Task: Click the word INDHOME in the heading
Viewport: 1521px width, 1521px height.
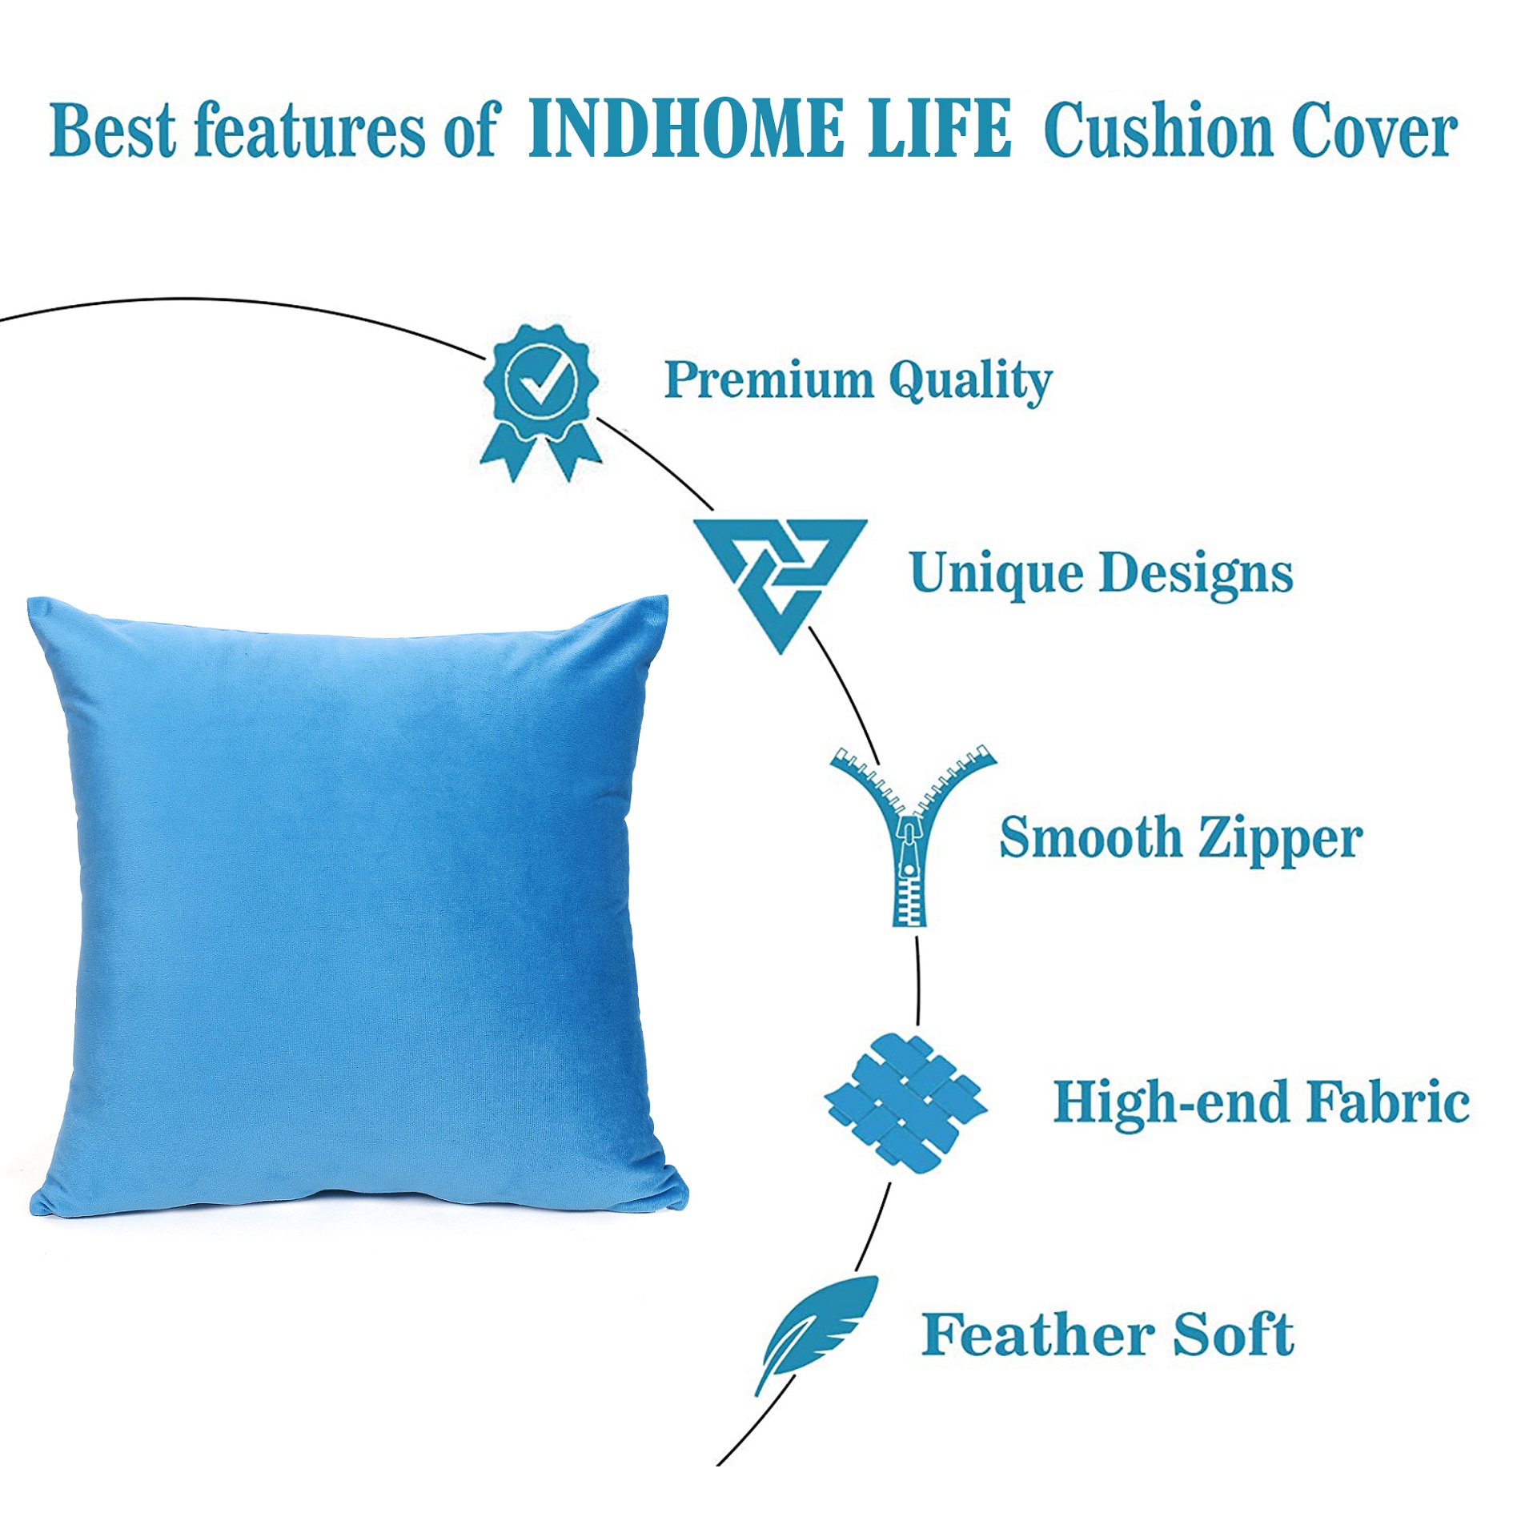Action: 686,128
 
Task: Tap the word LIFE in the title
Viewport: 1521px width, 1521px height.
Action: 941,128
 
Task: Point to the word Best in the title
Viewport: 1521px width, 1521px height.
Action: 112,130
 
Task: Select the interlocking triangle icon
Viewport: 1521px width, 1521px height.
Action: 781,585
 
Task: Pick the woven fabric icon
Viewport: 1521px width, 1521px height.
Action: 906,1104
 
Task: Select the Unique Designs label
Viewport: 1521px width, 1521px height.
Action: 1102,574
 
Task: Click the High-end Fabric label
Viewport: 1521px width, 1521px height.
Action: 1262,1103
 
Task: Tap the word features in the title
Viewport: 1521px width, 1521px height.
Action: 310,130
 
